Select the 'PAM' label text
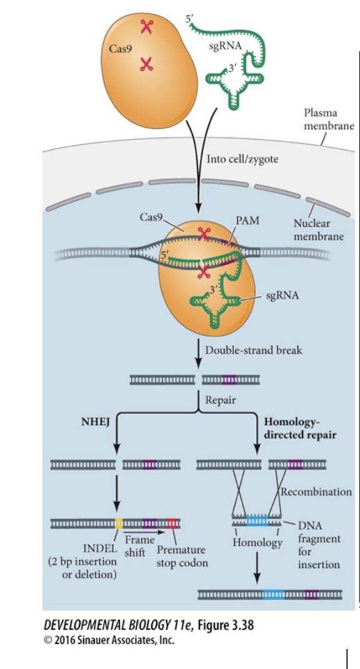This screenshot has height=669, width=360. (248, 221)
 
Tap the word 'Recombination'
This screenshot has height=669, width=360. (316, 491)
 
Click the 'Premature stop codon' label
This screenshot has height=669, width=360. (181, 556)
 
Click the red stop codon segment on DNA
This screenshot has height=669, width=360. (172, 522)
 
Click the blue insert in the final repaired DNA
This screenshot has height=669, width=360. (272, 594)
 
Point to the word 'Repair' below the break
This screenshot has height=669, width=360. (221, 400)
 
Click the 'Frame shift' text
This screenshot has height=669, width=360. (139, 546)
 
